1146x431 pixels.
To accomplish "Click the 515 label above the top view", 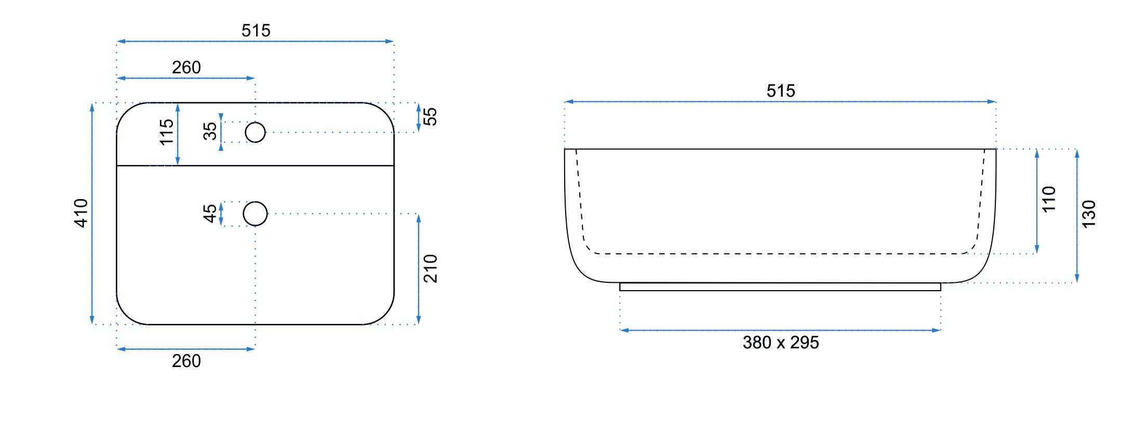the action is (x=256, y=31).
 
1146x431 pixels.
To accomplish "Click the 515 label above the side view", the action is (x=781, y=91).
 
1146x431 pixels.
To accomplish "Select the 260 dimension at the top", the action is (x=186, y=68).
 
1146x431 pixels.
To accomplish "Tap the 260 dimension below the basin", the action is (x=186, y=361).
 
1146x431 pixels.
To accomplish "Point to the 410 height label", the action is (x=81, y=213).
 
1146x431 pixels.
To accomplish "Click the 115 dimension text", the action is (x=166, y=132).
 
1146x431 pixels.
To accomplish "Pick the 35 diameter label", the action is (x=210, y=131).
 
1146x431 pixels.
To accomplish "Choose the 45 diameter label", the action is (x=210, y=213).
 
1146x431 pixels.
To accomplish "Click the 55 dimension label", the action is (x=430, y=116).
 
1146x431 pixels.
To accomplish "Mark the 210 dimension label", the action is (x=430, y=268).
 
